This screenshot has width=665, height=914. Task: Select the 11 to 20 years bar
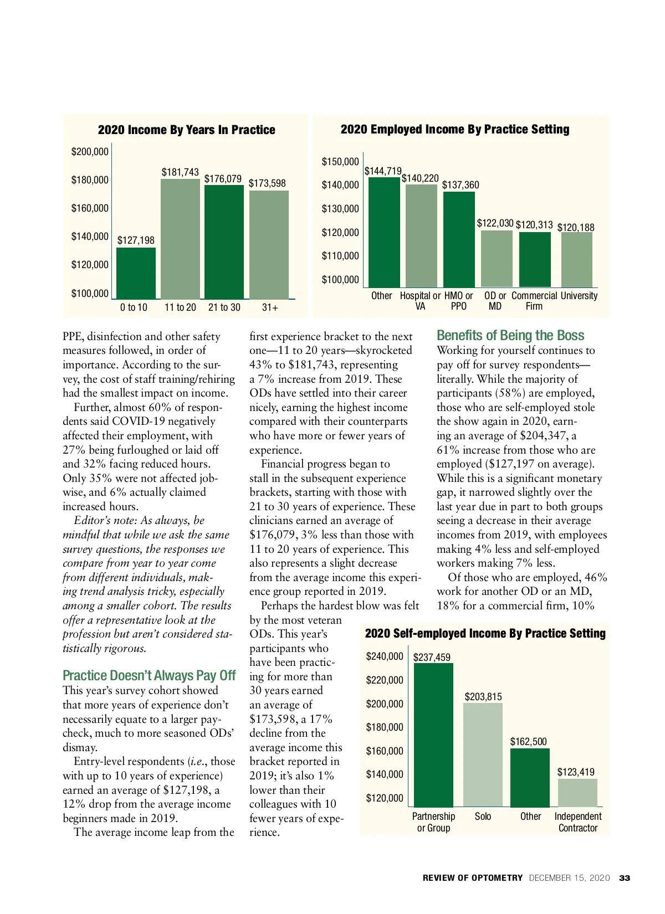tap(180, 239)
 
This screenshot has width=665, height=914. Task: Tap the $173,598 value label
tap(267, 183)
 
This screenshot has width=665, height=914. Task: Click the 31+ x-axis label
tap(270, 307)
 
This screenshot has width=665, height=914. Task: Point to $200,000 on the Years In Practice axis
tap(90, 152)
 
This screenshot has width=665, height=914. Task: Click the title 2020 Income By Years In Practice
tap(186, 130)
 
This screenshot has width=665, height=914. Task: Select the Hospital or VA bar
tap(421, 235)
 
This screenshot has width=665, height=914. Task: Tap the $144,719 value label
tap(383, 171)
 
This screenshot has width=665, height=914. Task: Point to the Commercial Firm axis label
tap(534, 301)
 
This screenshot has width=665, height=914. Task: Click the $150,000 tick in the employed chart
tap(340, 162)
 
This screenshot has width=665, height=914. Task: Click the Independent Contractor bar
tap(577, 793)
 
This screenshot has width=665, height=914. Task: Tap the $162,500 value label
tap(528, 742)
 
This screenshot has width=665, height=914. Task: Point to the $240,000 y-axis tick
tap(385, 656)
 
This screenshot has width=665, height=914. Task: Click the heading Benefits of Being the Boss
tap(510, 336)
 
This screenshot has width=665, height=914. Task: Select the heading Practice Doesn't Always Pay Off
tap(149, 676)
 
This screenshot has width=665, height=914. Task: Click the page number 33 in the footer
tap(625, 878)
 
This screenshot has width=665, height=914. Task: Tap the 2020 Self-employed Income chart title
tap(485, 634)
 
